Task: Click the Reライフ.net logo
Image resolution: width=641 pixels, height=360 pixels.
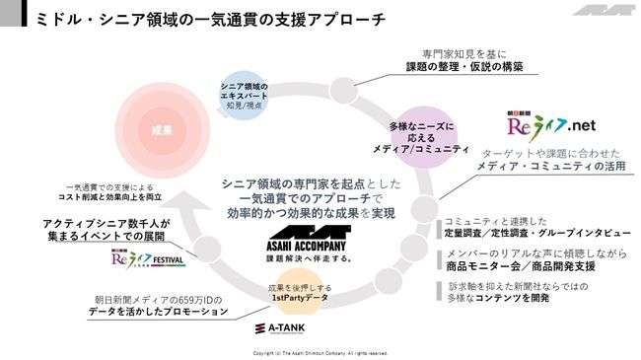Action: pyautogui.click(x=553, y=126)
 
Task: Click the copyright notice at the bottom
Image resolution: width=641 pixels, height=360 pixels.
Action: pyautogui.click(x=320, y=352)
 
